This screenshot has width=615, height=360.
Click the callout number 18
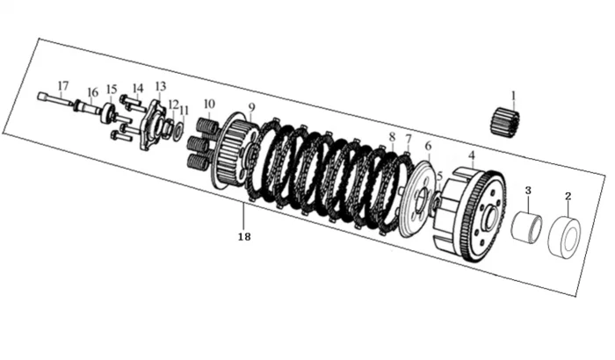(x=244, y=237)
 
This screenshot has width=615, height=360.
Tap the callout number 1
(x=513, y=96)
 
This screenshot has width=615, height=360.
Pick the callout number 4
(x=472, y=155)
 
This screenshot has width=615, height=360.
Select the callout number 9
(x=251, y=107)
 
